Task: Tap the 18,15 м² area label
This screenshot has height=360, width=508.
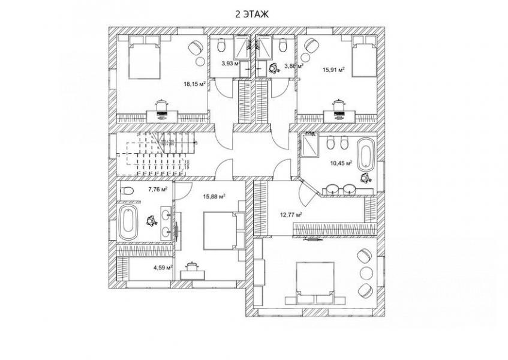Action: click(x=195, y=85)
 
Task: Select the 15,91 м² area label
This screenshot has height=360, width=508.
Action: click(x=333, y=70)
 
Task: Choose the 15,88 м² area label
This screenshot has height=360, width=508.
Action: click(x=214, y=196)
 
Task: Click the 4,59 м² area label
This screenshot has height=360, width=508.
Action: click(x=163, y=268)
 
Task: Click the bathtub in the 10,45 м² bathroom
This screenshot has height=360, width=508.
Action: click(x=365, y=154)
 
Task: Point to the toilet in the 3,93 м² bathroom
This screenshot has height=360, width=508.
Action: click(x=221, y=46)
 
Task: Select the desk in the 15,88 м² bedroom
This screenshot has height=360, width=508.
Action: click(x=193, y=272)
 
